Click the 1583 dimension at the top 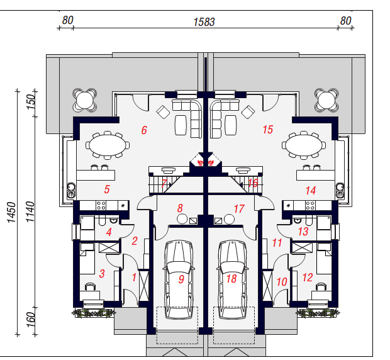coord(204,22)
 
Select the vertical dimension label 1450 coord(11,212)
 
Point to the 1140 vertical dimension coord(30,211)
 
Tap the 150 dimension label coord(31,101)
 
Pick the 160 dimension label coord(31,320)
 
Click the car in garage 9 coord(179,279)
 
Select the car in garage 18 coord(232,279)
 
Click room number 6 coord(144,130)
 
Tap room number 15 coord(268,130)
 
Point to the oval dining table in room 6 coord(108,145)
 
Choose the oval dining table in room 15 coord(304,145)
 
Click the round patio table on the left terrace coord(84,100)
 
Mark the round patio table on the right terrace coord(326,100)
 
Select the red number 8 coord(180,208)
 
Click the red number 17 coord(239,209)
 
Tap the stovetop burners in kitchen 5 coord(101,206)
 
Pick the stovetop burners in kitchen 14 coord(310,206)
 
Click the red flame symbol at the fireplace coord(206,163)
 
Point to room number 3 coord(102,273)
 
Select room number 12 coord(308,278)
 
